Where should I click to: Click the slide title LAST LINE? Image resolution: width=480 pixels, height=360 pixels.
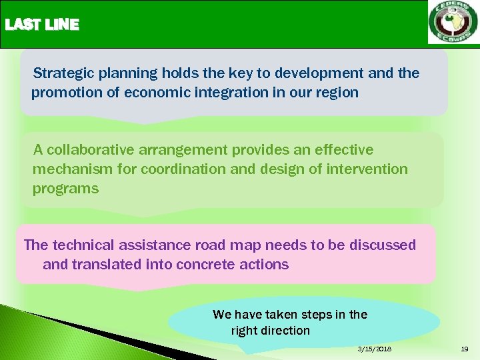point(42,25)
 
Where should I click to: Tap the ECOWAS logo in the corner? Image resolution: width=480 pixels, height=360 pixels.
point(453,23)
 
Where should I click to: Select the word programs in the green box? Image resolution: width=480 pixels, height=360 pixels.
point(65,189)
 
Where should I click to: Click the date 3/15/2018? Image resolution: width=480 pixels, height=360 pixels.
point(375,349)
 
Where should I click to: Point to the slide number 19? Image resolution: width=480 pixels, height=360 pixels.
point(464,349)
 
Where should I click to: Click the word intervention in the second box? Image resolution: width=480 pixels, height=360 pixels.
point(367,169)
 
